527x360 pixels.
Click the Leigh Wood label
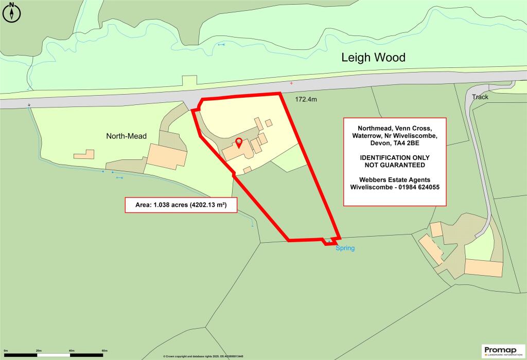pyautogui.click(x=373, y=58)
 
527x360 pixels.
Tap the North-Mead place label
pyautogui.click(x=127, y=136)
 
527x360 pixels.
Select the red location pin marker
pyautogui.click(x=238, y=142)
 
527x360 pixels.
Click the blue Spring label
pyautogui.click(x=345, y=248)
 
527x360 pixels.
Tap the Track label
pyautogui.click(x=479, y=97)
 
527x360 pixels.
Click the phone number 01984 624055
pyautogui.click(x=413, y=187)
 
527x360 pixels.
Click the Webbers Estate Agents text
pyautogui.click(x=395, y=179)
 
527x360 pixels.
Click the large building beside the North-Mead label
pyautogui.click(x=166, y=155)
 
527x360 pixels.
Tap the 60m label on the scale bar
pyautogui.click(x=104, y=350)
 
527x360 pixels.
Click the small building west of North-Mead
pyautogui.click(x=84, y=153)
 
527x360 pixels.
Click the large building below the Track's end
pyautogui.click(x=483, y=268)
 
